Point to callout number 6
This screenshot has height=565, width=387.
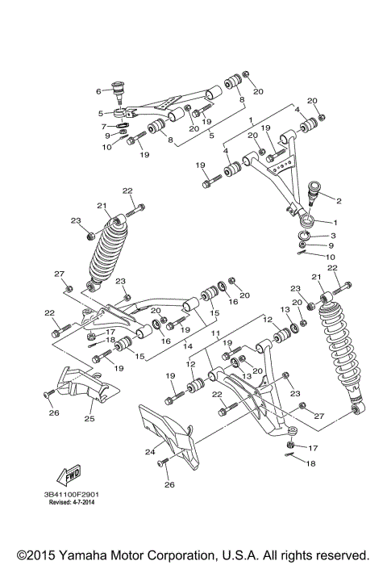point(98,90)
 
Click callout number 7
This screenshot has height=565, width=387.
point(104,127)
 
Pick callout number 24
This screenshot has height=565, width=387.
point(150,452)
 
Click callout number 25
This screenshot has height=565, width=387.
point(89,419)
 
